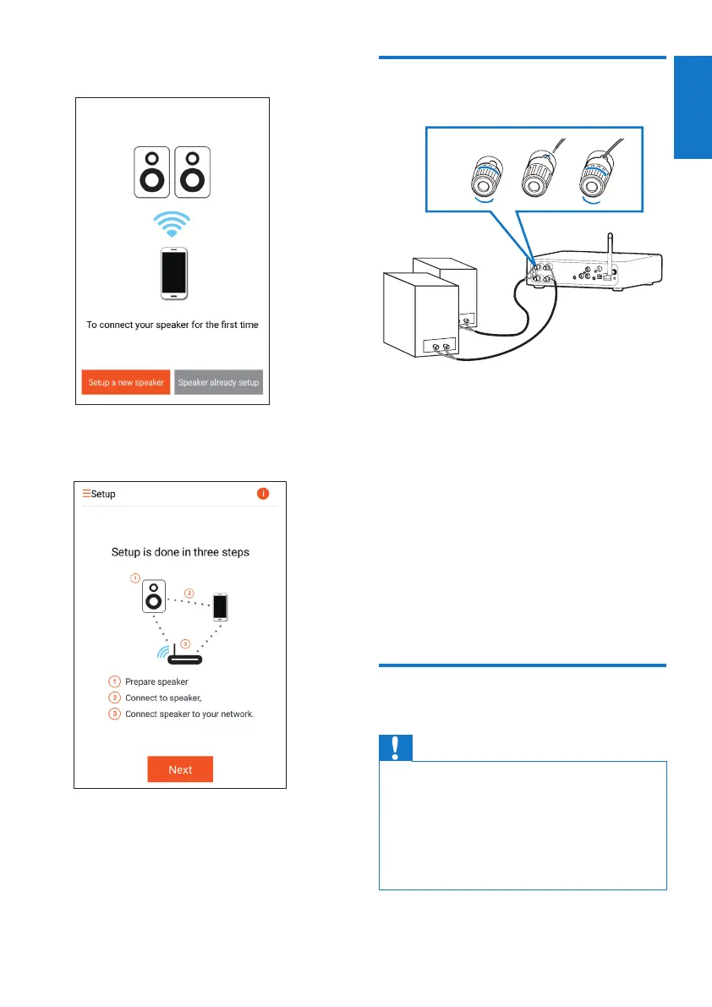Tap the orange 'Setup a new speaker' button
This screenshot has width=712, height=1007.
tap(126, 383)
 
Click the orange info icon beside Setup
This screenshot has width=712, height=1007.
tap(263, 493)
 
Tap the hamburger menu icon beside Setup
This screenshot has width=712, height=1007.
tap(86, 493)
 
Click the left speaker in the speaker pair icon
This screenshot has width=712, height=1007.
tap(152, 172)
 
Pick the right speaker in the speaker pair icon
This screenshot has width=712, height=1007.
tap(192, 172)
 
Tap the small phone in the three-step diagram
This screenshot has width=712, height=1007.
tap(220, 607)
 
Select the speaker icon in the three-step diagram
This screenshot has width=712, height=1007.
tap(154, 597)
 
